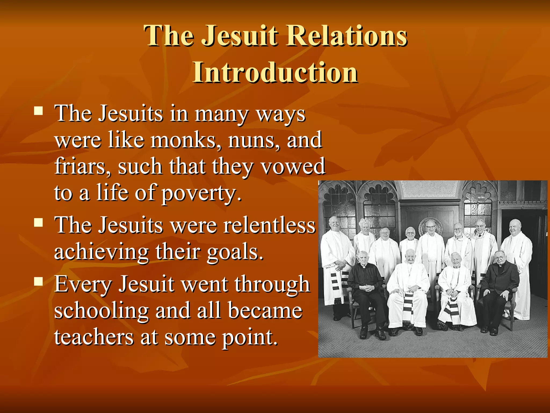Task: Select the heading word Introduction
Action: [275, 72]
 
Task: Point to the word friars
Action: [82, 166]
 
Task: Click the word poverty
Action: [201, 193]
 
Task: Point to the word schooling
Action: [101, 311]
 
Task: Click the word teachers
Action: [94, 337]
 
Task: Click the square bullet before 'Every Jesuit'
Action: [39, 281]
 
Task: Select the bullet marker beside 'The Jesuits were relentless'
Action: [39, 222]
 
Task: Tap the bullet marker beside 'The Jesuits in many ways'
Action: [39, 111]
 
